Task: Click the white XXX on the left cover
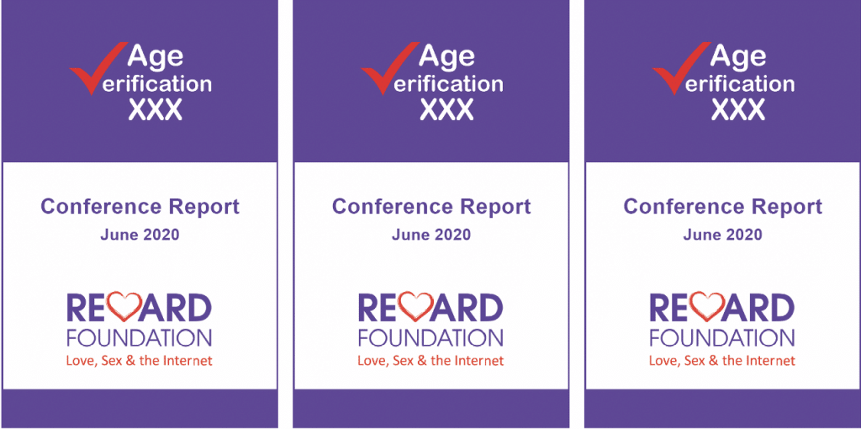coord(155,109)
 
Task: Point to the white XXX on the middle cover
coord(446,109)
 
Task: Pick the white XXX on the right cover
coord(738,109)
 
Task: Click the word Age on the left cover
coord(156,57)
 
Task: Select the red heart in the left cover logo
coord(124,306)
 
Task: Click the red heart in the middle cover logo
coord(416,306)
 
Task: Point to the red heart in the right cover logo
coord(708,306)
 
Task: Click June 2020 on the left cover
coord(140,235)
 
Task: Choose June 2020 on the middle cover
coord(431,235)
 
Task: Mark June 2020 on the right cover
coord(722,235)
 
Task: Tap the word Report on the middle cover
coord(495,208)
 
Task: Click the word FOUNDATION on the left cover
coord(140,338)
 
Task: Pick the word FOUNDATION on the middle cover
coord(431,338)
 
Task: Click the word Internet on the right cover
coord(771,361)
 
